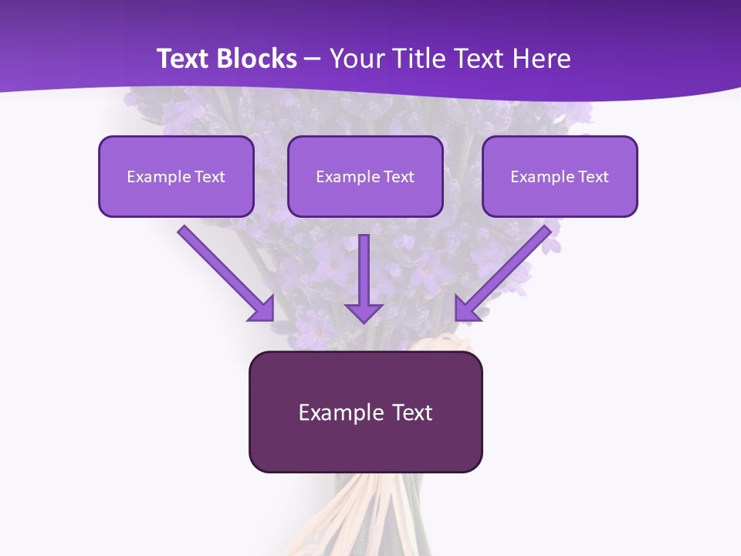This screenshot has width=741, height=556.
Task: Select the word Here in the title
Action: tap(540, 59)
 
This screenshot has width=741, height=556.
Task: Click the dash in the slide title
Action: tap(313, 59)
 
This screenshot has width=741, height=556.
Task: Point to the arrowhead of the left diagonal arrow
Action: tap(262, 309)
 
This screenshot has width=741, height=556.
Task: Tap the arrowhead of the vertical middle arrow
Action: tap(364, 312)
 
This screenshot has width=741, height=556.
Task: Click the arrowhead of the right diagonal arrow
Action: tap(466, 309)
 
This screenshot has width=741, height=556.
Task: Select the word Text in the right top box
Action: tap(593, 177)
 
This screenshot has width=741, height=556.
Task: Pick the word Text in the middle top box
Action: tap(398, 177)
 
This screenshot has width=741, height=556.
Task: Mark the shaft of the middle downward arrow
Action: tap(364, 266)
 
